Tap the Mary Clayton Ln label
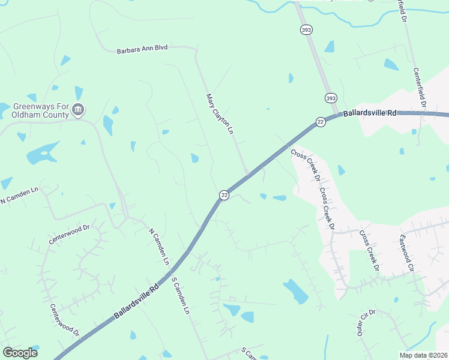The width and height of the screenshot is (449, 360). coord(219,113)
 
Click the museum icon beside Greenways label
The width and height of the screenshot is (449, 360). coord(78,110)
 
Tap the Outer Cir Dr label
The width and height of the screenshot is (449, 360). coord(365,323)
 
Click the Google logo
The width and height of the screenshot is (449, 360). coord(20,353)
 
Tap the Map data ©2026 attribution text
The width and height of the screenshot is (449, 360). coord(424,355)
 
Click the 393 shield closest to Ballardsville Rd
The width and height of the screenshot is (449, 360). coord(330,98)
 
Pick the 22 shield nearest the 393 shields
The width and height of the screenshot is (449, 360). coord(321,122)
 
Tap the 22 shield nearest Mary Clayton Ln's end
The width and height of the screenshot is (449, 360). coord(224,195)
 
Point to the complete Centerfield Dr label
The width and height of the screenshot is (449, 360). coord(419,88)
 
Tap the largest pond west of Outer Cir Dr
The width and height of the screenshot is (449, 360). coord(295,291)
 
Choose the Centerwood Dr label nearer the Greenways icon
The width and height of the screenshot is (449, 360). coord(69,233)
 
